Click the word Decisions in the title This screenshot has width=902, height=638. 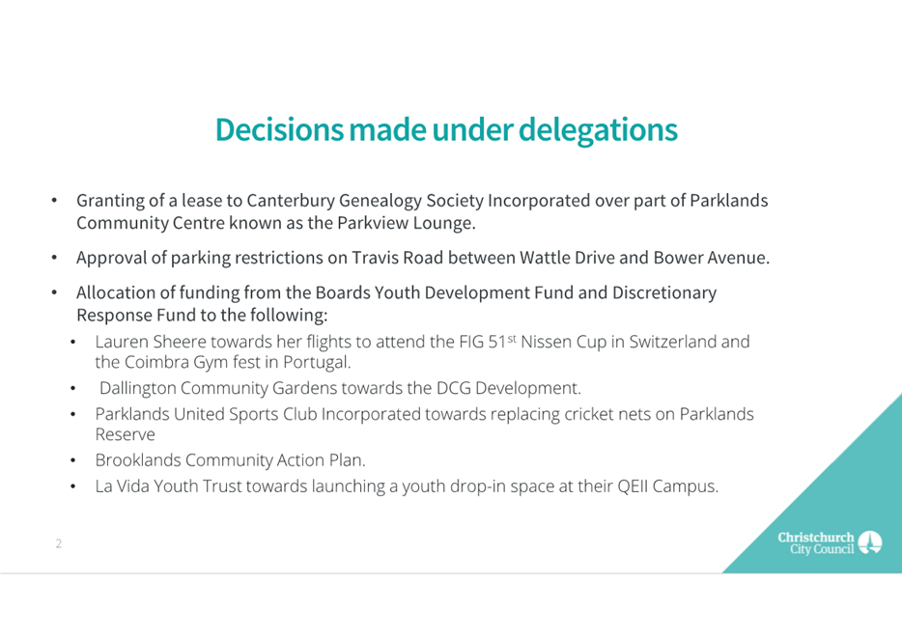pyautogui.click(x=279, y=130)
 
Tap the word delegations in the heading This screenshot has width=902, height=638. pyautogui.click(x=598, y=131)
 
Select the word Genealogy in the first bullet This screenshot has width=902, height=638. pyautogui.click(x=380, y=201)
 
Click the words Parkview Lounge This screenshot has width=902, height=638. pyautogui.click(x=406, y=223)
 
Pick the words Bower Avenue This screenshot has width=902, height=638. pyautogui.click(x=711, y=258)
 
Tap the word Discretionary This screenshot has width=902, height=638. pyautogui.click(x=664, y=293)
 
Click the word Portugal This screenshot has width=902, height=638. pyautogui.click(x=316, y=363)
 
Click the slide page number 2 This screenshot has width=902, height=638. pyautogui.click(x=59, y=543)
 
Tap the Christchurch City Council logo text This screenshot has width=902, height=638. pyautogui.click(x=816, y=543)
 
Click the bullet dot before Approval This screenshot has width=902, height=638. pyautogui.click(x=54, y=258)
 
